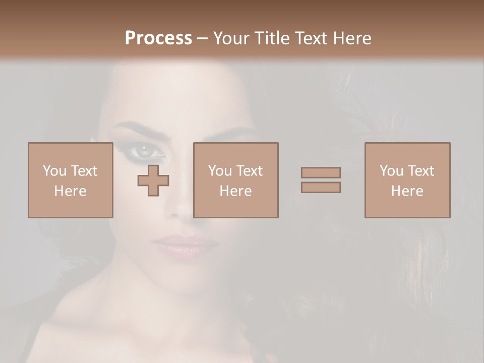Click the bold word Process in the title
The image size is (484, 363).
tap(158, 38)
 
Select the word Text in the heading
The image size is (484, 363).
tap(311, 38)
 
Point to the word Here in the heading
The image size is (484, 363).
tap(351, 38)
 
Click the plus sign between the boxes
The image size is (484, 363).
tap(153, 180)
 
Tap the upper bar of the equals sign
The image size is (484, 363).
tap(321, 172)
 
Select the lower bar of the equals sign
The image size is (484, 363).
tap(321, 187)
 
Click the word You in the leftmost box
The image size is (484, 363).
tap(54, 171)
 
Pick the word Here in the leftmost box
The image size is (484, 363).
tap(70, 191)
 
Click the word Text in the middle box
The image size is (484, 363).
tap(249, 171)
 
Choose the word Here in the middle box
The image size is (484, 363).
tap(235, 191)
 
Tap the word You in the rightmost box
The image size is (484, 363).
tap(391, 171)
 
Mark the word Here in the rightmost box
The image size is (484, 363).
tap(407, 191)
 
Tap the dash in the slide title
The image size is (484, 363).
tap(203, 38)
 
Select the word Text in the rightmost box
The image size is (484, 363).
tap(420, 171)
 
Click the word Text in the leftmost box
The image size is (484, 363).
tap(84, 171)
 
